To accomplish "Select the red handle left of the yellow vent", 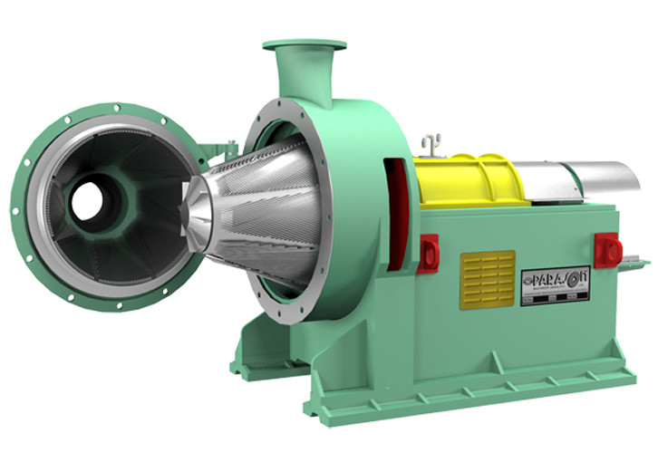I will pyautogui.click(x=429, y=251).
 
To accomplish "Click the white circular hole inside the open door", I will pyautogui.click(x=89, y=202).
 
